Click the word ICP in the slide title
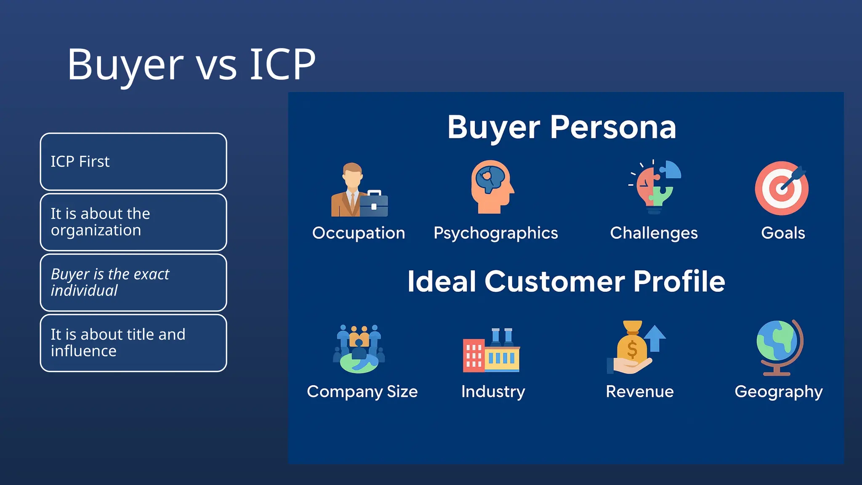(x=282, y=64)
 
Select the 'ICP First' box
(x=133, y=162)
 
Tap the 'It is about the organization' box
(x=133, y=222)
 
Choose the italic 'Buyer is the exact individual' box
(x=133, y=282)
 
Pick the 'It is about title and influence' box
(x=133, y=343)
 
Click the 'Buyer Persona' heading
(x=561, y=127)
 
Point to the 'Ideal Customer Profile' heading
(x=566, y=281)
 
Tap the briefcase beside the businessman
(x=374, y=204)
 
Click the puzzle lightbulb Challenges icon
(x=655, y=187)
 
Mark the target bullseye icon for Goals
(x=782, y=188)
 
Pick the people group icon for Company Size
(x=359, y=349)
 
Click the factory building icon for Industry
(x=491, y=350)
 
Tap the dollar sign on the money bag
(x=632, y=349)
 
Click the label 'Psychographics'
(x=495, y=233)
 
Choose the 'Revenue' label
(x=639, y=392)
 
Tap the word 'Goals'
(x=783, y=233)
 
